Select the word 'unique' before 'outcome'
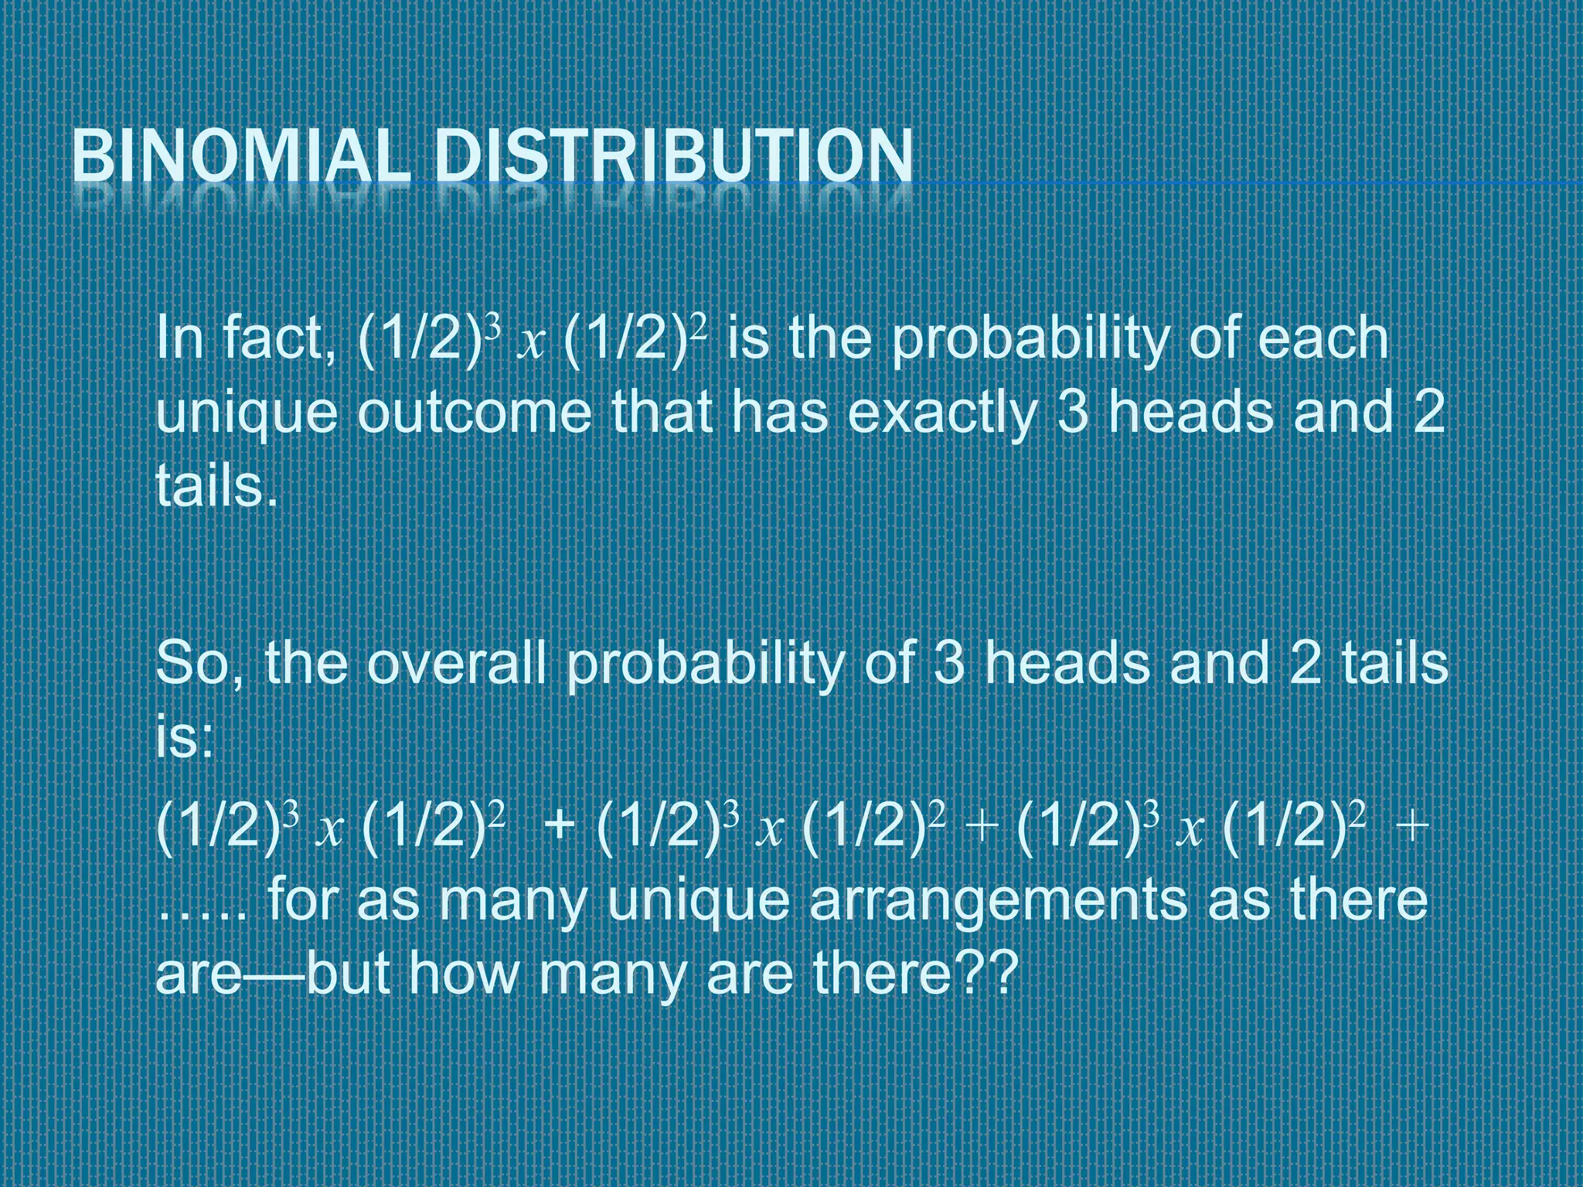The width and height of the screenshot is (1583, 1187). [x=247, y=413]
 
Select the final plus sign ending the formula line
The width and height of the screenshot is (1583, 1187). [x=1411, y=827]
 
